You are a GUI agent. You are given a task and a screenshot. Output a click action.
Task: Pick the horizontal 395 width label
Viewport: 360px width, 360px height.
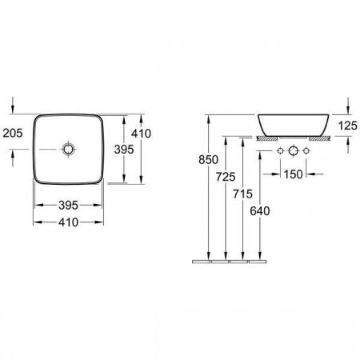[69, 205]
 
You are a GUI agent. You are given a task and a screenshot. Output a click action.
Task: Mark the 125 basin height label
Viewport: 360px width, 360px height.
[345, 125]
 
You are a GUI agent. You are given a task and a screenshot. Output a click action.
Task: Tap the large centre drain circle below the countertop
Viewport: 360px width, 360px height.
[293, 151]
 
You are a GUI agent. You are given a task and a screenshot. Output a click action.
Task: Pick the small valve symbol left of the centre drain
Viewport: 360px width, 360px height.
[280, 151]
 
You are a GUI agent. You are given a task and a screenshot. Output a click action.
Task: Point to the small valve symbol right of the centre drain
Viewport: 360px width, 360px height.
[306, 151]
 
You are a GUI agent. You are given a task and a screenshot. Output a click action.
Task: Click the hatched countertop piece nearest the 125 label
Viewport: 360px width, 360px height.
[319, 138]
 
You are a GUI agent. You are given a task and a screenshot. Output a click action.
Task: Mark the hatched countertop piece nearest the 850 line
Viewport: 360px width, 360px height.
[264, 138]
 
